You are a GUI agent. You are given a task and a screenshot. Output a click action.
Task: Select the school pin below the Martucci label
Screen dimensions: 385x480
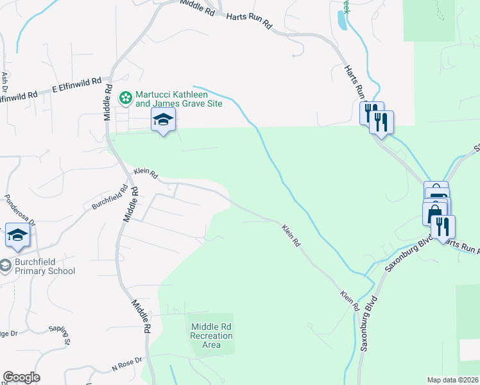[x=164, y=119]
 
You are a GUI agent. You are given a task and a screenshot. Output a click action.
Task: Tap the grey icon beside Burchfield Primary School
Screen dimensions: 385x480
[x=5, y=266]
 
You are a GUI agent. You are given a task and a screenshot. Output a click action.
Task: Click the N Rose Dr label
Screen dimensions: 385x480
[x=126, y=364]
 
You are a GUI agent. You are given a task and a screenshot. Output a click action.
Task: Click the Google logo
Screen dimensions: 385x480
[x=21, y=377]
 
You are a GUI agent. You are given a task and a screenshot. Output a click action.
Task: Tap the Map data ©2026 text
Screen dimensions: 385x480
[x=452, y=380]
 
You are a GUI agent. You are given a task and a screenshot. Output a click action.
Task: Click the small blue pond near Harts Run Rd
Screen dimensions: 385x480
[x=342, y=21]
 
